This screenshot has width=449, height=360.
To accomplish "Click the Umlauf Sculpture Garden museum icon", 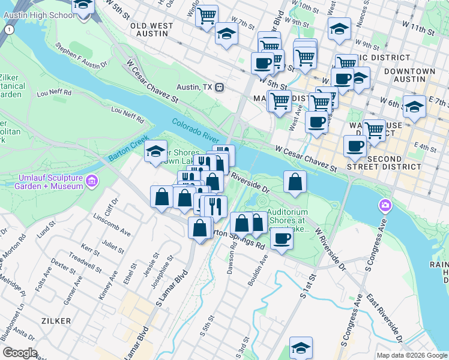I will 92,180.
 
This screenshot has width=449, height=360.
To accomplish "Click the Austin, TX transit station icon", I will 220,87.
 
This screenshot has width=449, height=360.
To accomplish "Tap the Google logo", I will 19,353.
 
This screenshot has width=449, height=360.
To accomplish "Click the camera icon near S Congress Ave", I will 384,206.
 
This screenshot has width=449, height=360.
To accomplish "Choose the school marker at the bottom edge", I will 301,349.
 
